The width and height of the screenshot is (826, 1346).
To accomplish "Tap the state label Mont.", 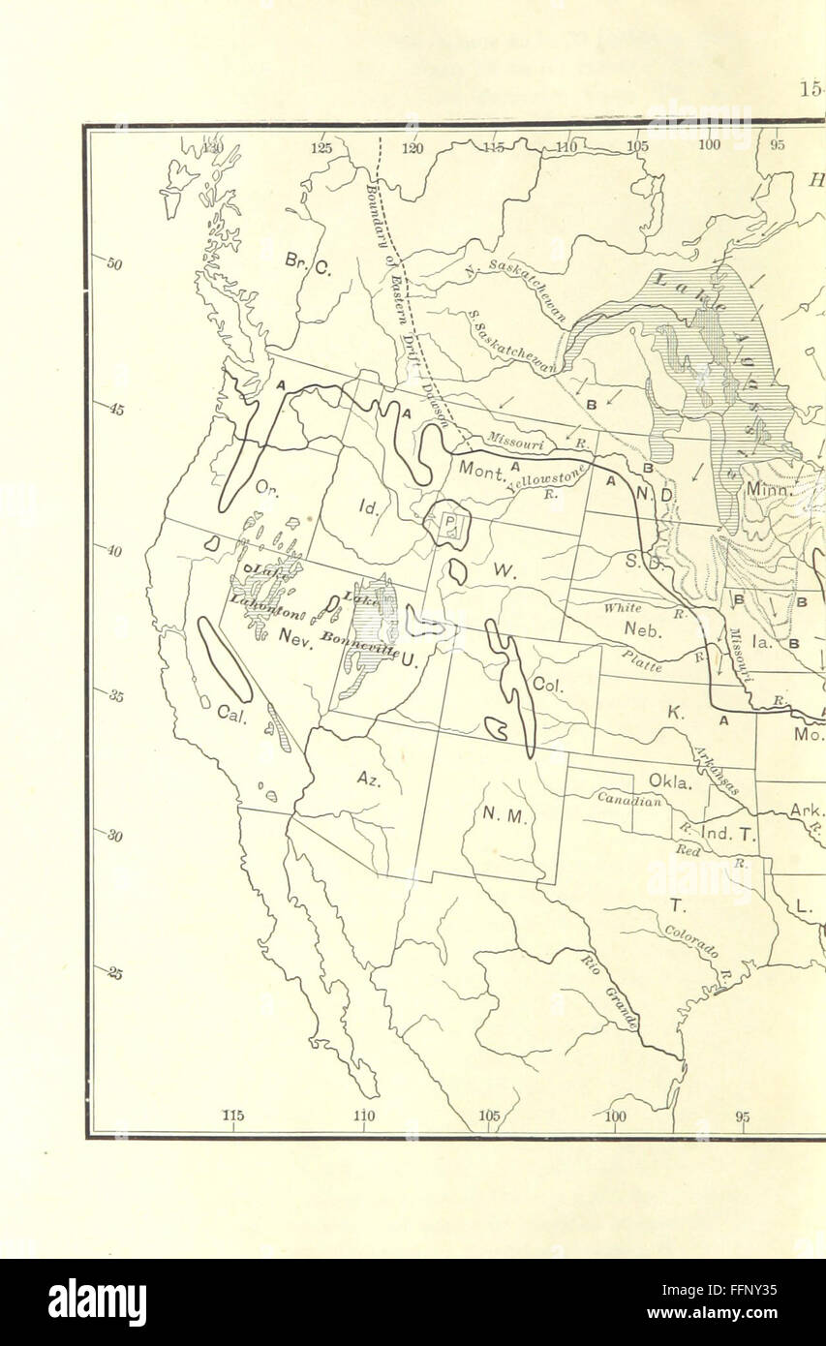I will (477, 470).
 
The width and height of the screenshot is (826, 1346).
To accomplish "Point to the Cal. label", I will (231, 715).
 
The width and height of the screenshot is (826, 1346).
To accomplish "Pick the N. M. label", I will (504, 815).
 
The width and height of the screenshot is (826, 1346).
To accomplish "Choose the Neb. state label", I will (641, 629).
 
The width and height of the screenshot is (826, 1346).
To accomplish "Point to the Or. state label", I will (267, 490).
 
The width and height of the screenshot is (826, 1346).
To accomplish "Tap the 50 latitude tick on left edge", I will (112, 264).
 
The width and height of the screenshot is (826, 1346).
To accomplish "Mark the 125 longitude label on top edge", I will (321, 147).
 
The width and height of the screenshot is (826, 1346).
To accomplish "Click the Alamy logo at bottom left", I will (98, 1302).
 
